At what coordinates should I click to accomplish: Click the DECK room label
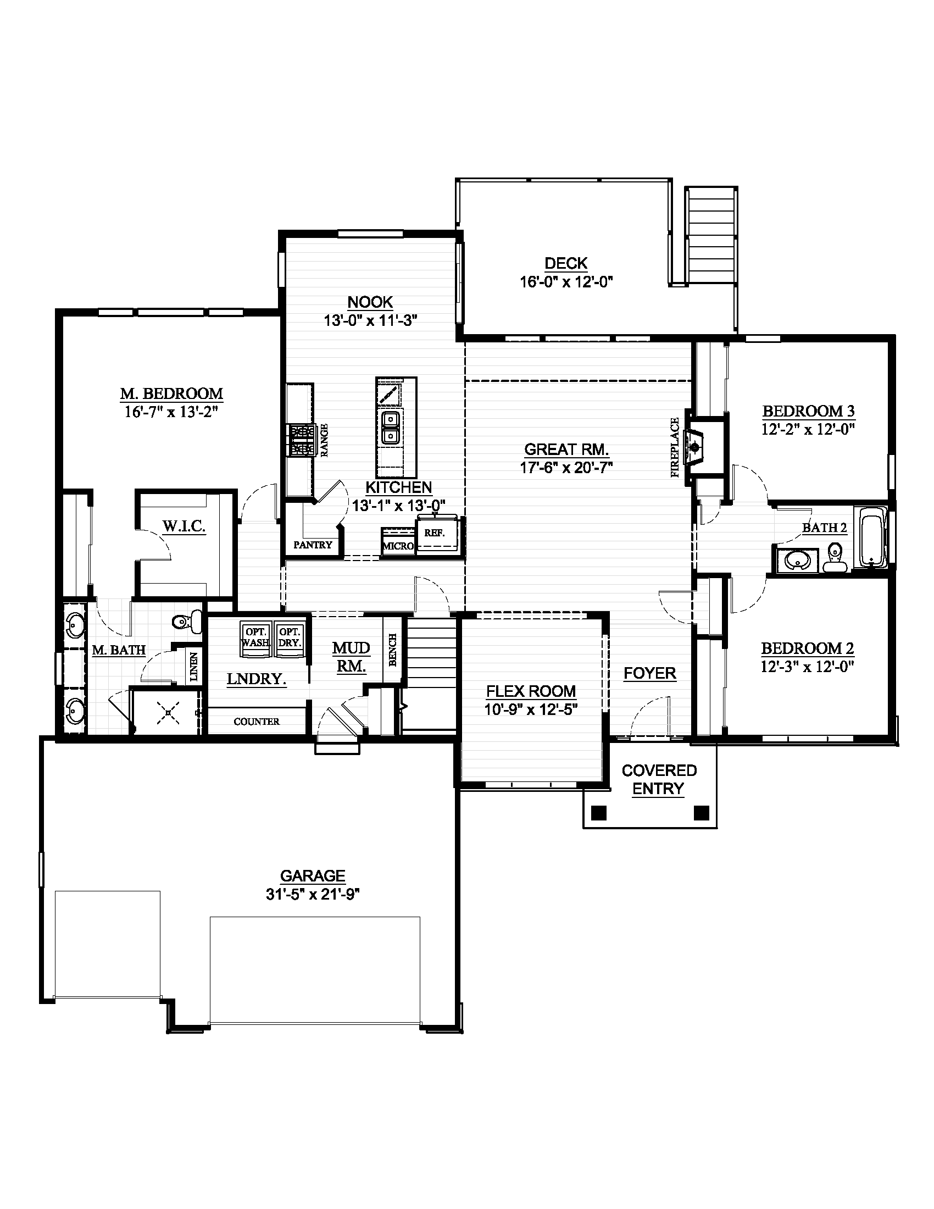tap(565, 263)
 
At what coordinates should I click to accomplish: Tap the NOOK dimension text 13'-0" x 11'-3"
tap(370, 320)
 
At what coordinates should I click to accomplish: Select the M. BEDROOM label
tap(171, 393)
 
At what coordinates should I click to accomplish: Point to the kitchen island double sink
tap(391, 428)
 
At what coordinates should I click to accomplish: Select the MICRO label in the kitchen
tap(398, 546)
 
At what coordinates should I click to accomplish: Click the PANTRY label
tap(313, 545)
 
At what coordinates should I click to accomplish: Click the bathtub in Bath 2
tap(871, 537)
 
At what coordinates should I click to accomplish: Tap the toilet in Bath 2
tap(835, 557)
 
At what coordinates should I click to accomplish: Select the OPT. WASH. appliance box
tap(255, 637)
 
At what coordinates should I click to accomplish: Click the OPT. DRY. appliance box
tap(290, 637)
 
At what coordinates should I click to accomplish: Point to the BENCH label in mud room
tap(393, 650)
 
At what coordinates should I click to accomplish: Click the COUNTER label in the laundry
tap(256, 722)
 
